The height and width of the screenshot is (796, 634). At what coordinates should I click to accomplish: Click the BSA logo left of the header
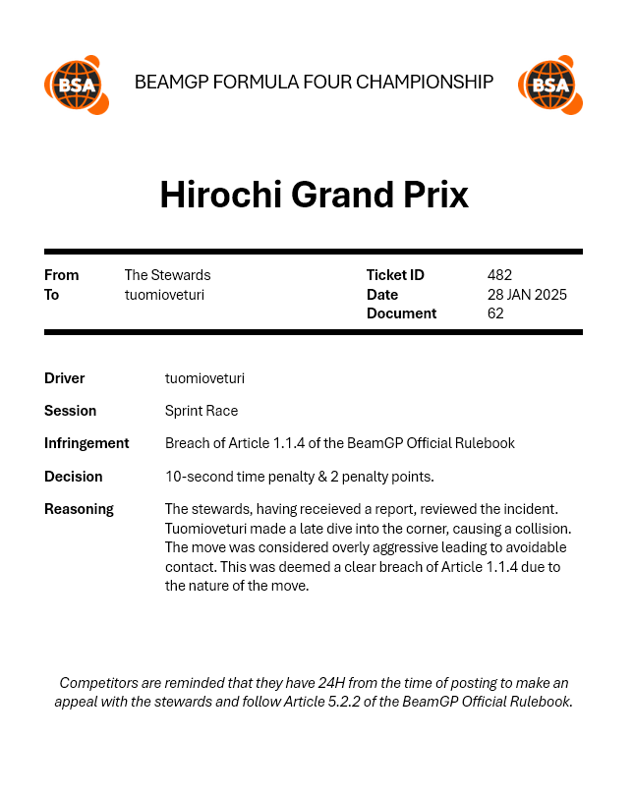click(76, 85)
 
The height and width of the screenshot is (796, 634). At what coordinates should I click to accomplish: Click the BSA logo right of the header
click(550, 85)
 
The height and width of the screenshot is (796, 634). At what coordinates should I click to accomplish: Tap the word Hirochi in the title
click(217, 195)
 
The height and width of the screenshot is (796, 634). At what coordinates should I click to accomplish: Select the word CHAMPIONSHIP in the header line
click(425, 82)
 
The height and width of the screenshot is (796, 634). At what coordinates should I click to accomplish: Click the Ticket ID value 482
click(499, 275)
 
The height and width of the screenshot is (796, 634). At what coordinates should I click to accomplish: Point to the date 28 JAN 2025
click(527, 295)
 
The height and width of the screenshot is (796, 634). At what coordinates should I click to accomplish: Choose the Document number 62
click(495, 313)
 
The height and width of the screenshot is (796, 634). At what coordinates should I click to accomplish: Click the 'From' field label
click(61, 275)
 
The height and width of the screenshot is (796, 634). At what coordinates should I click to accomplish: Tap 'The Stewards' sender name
click(167, 275)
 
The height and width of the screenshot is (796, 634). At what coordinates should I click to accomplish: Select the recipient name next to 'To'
click(164, 295)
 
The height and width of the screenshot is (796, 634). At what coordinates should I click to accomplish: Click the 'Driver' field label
click(65, 378)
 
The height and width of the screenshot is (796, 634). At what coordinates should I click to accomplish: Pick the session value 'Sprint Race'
click(202, 411)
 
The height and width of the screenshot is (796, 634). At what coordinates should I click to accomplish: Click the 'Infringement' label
click(86, 443)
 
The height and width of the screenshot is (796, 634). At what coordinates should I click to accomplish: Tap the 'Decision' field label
click(74, 477)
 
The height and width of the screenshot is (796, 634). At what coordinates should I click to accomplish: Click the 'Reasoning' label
click(79, 509)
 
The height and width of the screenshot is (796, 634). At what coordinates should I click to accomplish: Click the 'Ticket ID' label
click(395, 275)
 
